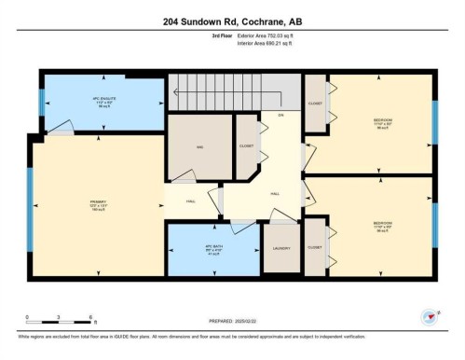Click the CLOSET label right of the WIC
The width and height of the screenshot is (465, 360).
pyautogui.click(x=245, y=146)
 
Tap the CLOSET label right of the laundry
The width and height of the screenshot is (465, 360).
pyautogui.click(x=314, y=248)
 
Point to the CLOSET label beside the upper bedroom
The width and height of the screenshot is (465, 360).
pyautogui.click(x=315, y=103)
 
